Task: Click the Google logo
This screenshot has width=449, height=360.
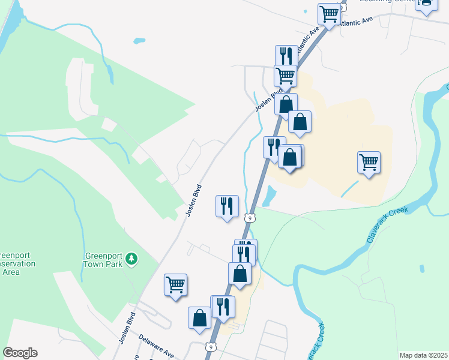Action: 20,353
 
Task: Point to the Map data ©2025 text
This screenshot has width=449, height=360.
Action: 423,355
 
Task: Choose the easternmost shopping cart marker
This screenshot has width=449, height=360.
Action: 369,162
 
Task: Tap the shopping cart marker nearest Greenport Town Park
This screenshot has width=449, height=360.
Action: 175,284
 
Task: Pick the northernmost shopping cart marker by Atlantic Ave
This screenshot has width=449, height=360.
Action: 329,13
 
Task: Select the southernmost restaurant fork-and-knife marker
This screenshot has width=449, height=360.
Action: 222,306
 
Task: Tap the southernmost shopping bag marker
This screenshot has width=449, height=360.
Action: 200,317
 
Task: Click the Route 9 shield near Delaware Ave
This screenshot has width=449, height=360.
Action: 209,347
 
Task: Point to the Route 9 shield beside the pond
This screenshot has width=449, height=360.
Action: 250,217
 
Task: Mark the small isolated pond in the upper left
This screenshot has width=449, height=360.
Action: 139,41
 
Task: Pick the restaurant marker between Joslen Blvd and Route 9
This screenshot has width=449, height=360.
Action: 227,206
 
